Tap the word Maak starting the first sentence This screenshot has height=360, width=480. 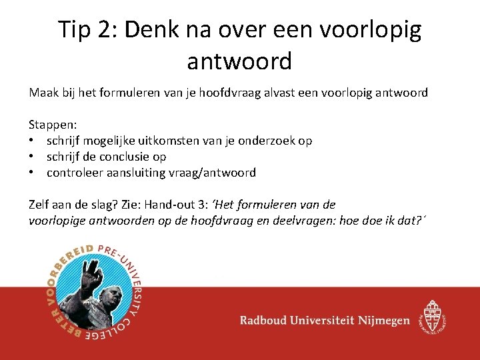tap(42, 93)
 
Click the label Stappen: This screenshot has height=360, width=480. tap(53, 125)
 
